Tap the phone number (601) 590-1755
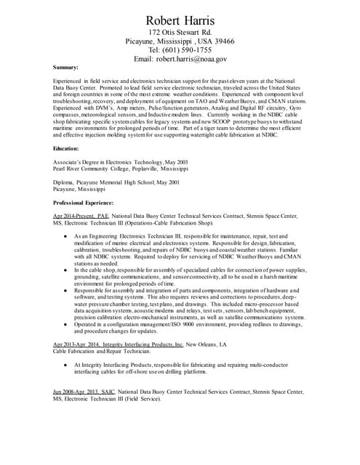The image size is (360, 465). (x=180, y=50)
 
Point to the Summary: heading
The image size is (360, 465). (x=66, y=67)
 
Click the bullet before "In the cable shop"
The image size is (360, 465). (x=66, y=270)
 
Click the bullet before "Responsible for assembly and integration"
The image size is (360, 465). (x=66, y=290)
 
